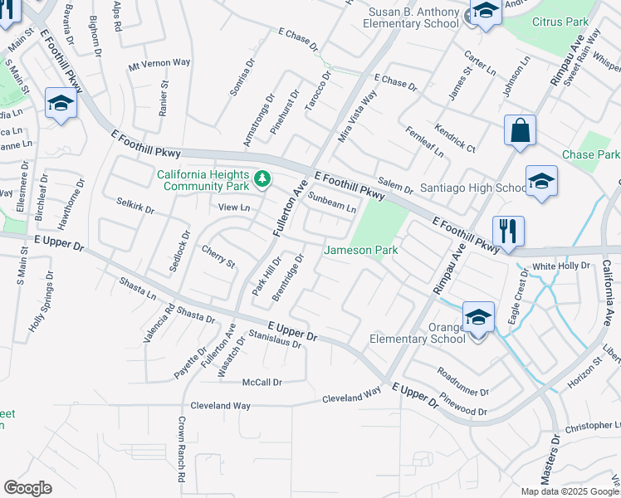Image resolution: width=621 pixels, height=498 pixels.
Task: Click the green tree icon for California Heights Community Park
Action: tap(262, 178)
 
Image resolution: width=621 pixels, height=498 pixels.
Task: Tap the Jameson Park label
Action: tap(361, 250)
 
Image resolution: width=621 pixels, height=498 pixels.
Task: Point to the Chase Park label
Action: tap(590, 155)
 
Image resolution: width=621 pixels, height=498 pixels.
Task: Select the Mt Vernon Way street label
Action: tap(159, 63)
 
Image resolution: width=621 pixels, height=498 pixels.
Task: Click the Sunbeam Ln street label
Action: tap(331, 203)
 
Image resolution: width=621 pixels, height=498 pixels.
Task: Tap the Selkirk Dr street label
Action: tap(135, 205)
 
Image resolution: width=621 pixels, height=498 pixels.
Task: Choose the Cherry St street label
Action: tap(218, 256)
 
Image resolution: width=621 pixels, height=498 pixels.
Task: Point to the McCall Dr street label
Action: tap(262, 382)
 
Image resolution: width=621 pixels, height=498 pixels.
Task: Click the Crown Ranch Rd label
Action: tap(180, 453)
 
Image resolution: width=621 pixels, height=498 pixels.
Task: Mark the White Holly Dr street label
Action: tap(560, 266)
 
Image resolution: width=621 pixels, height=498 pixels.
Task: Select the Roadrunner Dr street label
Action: tap(462, 381)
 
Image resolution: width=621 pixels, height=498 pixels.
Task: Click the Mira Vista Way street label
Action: tap(358, 116)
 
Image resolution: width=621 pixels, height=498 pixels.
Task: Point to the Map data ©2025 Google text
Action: tap(570, 491)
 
